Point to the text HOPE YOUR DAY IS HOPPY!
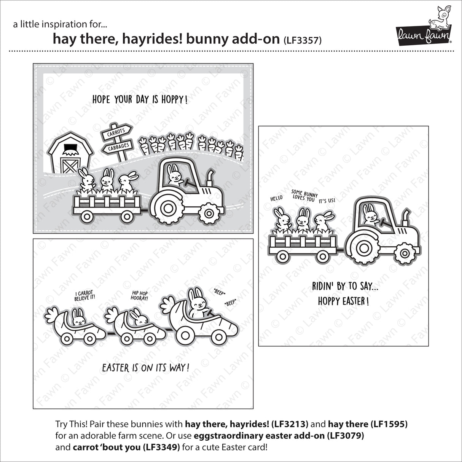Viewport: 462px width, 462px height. [x=140, y=100]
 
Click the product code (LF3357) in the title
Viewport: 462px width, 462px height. [x=303, y=40]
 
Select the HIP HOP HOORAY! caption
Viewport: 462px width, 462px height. [x=140, y=295]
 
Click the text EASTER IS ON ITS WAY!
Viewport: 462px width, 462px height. [x=145, y=368]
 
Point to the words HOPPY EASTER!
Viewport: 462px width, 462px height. [x=343, y=301]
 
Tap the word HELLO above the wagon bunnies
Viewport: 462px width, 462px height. [x=276, y=198]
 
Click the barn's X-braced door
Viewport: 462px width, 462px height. [x=68, y=167]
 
